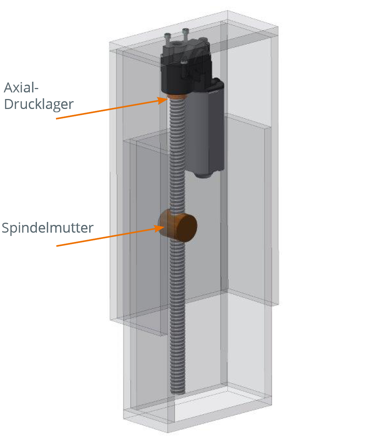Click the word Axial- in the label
[21, 88]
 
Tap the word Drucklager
[39, 104]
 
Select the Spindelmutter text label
[48, 228]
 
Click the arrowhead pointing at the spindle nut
[161, 228]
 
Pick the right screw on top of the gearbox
[186, 33]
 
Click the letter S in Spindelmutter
[6, 228]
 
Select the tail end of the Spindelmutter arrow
[57, 246]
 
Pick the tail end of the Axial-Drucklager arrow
[57, 119]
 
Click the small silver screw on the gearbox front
[183, 62]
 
